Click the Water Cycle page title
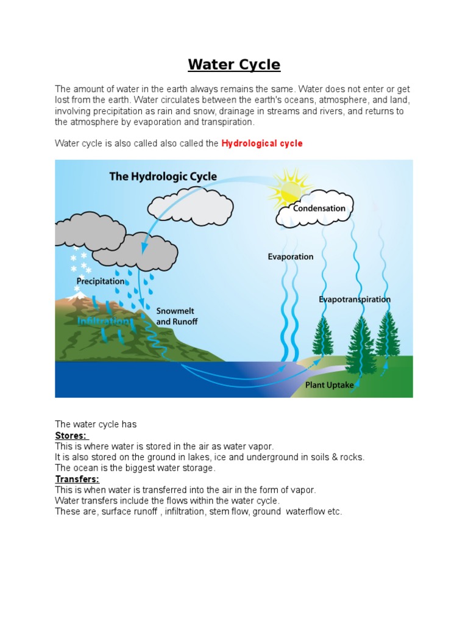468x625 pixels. tap(234, 65)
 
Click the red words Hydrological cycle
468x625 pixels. tap(262, 143)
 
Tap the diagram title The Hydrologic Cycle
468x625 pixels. tap(163, 176)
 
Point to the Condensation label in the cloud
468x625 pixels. tap(319, 208)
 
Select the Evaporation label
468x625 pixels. tap(291, 256)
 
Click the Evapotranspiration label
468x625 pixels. tap(355, 299)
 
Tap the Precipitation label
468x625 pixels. tap(100, 281)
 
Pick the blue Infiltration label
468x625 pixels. tap(104, 320)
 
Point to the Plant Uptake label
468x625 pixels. tap(330, 385)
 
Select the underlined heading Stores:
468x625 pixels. tap(71, 435)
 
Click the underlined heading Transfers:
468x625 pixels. tap(77, 479)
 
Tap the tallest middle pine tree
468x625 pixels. tap(361, 348)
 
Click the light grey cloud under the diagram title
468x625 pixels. tap(191, 207)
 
